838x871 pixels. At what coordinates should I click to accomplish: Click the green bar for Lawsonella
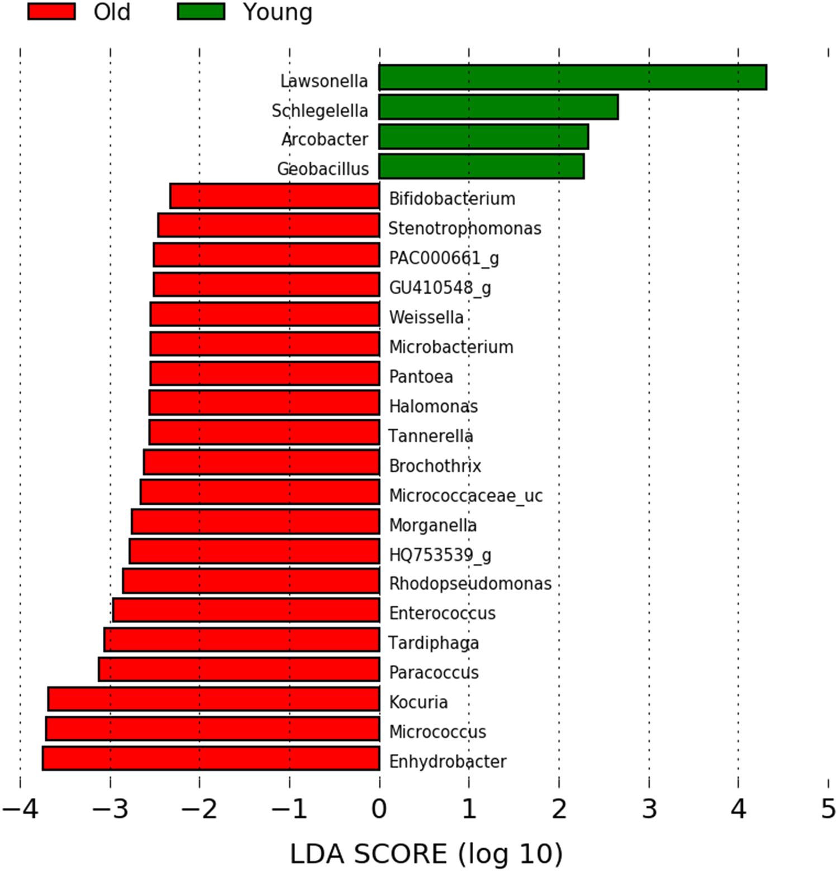click(x=573, y=77)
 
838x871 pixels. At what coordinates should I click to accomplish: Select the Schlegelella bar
click(x=498, y=107)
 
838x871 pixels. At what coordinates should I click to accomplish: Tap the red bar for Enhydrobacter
click(x=211, y=758)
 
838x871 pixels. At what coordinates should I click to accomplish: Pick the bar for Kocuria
click(x=214, y=699)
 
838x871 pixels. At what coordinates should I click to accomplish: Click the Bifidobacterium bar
click(x=275, y=196)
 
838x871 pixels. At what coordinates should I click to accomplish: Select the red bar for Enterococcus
click(x=246, y=610)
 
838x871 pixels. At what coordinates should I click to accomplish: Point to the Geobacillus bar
click(x=482, y=166)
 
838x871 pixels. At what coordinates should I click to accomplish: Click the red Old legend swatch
click(x=51, y=12)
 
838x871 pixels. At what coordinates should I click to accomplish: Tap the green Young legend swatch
click(x=201, y=12)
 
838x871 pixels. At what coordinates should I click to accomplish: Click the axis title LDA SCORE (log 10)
click(x=426, y=854)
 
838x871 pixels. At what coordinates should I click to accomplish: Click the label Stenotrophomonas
click(x=465, y=228)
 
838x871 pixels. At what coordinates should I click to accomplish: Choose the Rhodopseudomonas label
click(x=470, y=583)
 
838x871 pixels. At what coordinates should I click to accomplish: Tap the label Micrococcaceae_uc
click(x=466, y=495)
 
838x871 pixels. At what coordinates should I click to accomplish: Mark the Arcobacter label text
click(x=325, y=139)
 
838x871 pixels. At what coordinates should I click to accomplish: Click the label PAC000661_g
click(x=444, y=258)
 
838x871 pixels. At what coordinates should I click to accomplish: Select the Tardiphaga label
click(x=434, y=643)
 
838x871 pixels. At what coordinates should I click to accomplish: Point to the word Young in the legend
click(x=278, y=12)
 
